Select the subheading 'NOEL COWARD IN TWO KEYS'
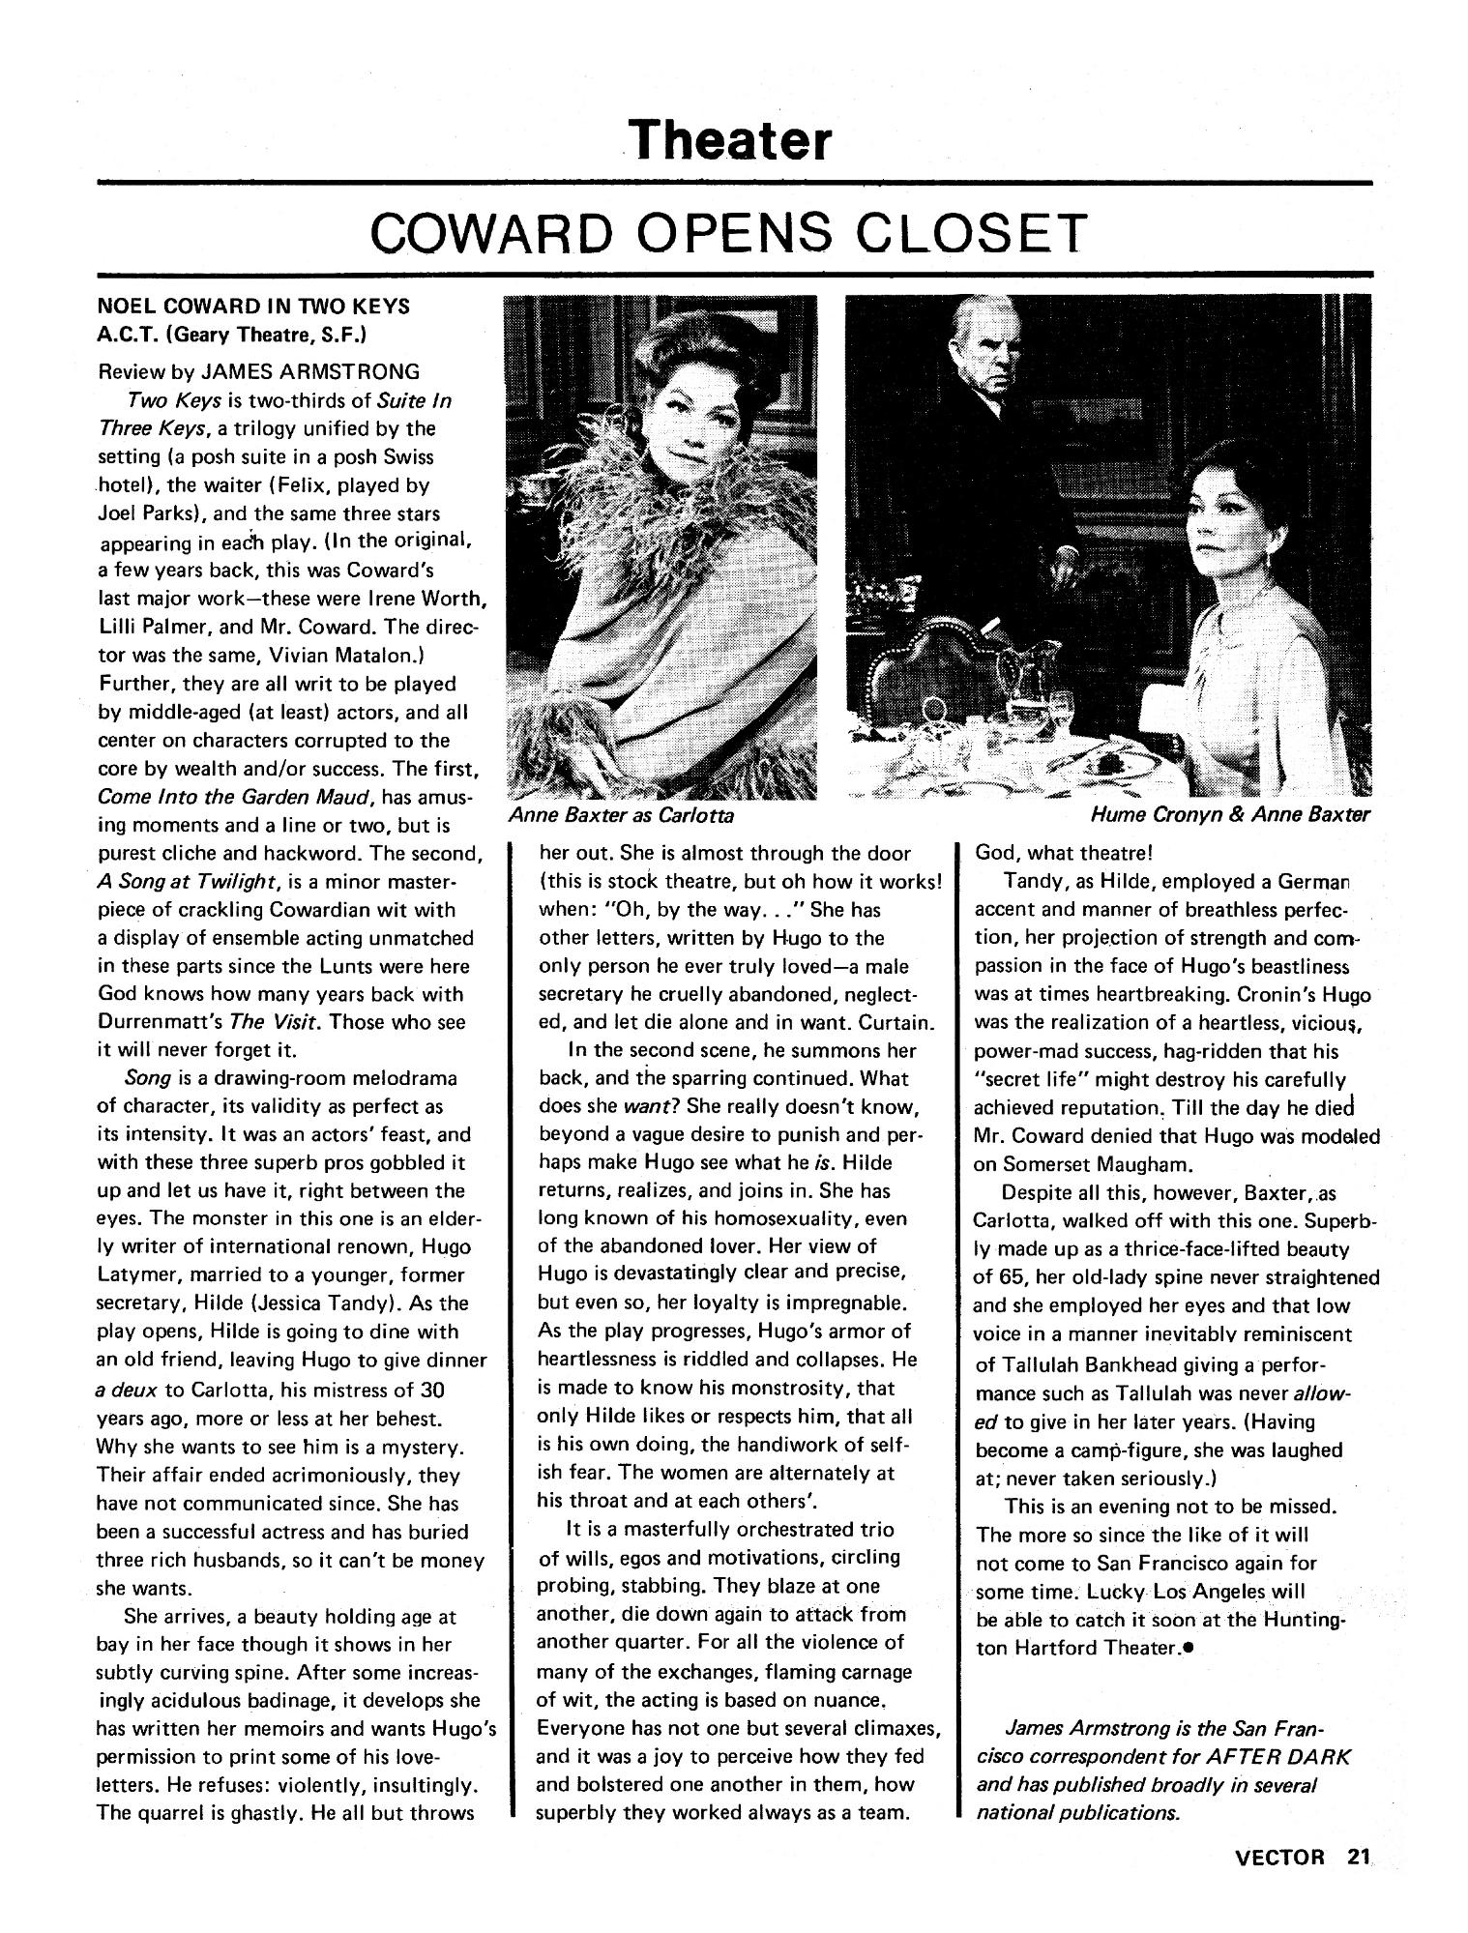[x=253, y=307]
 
